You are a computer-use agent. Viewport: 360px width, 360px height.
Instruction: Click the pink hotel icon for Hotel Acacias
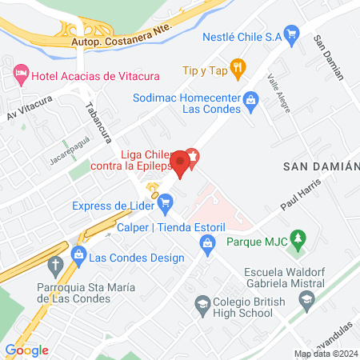click(20, 76)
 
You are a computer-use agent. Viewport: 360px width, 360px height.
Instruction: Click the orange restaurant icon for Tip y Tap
click(237, 68)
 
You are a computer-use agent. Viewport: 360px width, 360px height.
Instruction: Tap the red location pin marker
click(182, 163)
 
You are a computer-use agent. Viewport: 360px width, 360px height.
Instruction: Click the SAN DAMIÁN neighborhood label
click(322, 165)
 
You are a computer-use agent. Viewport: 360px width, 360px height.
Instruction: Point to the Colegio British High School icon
click(203, 304)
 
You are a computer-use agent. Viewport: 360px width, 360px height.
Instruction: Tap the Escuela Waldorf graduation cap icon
click(306, 300)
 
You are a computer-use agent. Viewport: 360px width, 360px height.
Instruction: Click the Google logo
click(26, 350)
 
